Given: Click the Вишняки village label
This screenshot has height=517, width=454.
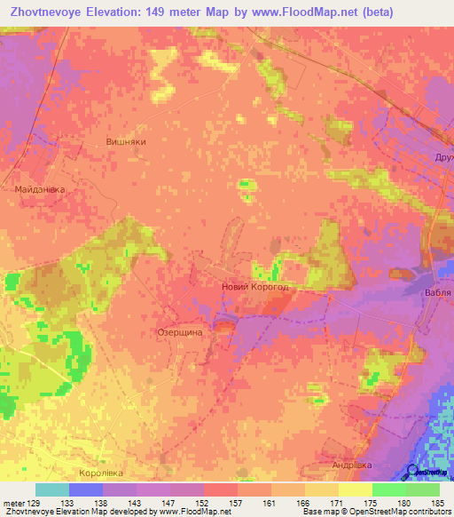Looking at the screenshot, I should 125,141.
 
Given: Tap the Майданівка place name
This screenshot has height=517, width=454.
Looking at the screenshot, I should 40,189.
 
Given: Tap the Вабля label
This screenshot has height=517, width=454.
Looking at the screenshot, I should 438,292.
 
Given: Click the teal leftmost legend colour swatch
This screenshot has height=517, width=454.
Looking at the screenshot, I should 52,489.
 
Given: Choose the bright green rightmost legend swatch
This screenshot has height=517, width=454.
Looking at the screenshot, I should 423,489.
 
